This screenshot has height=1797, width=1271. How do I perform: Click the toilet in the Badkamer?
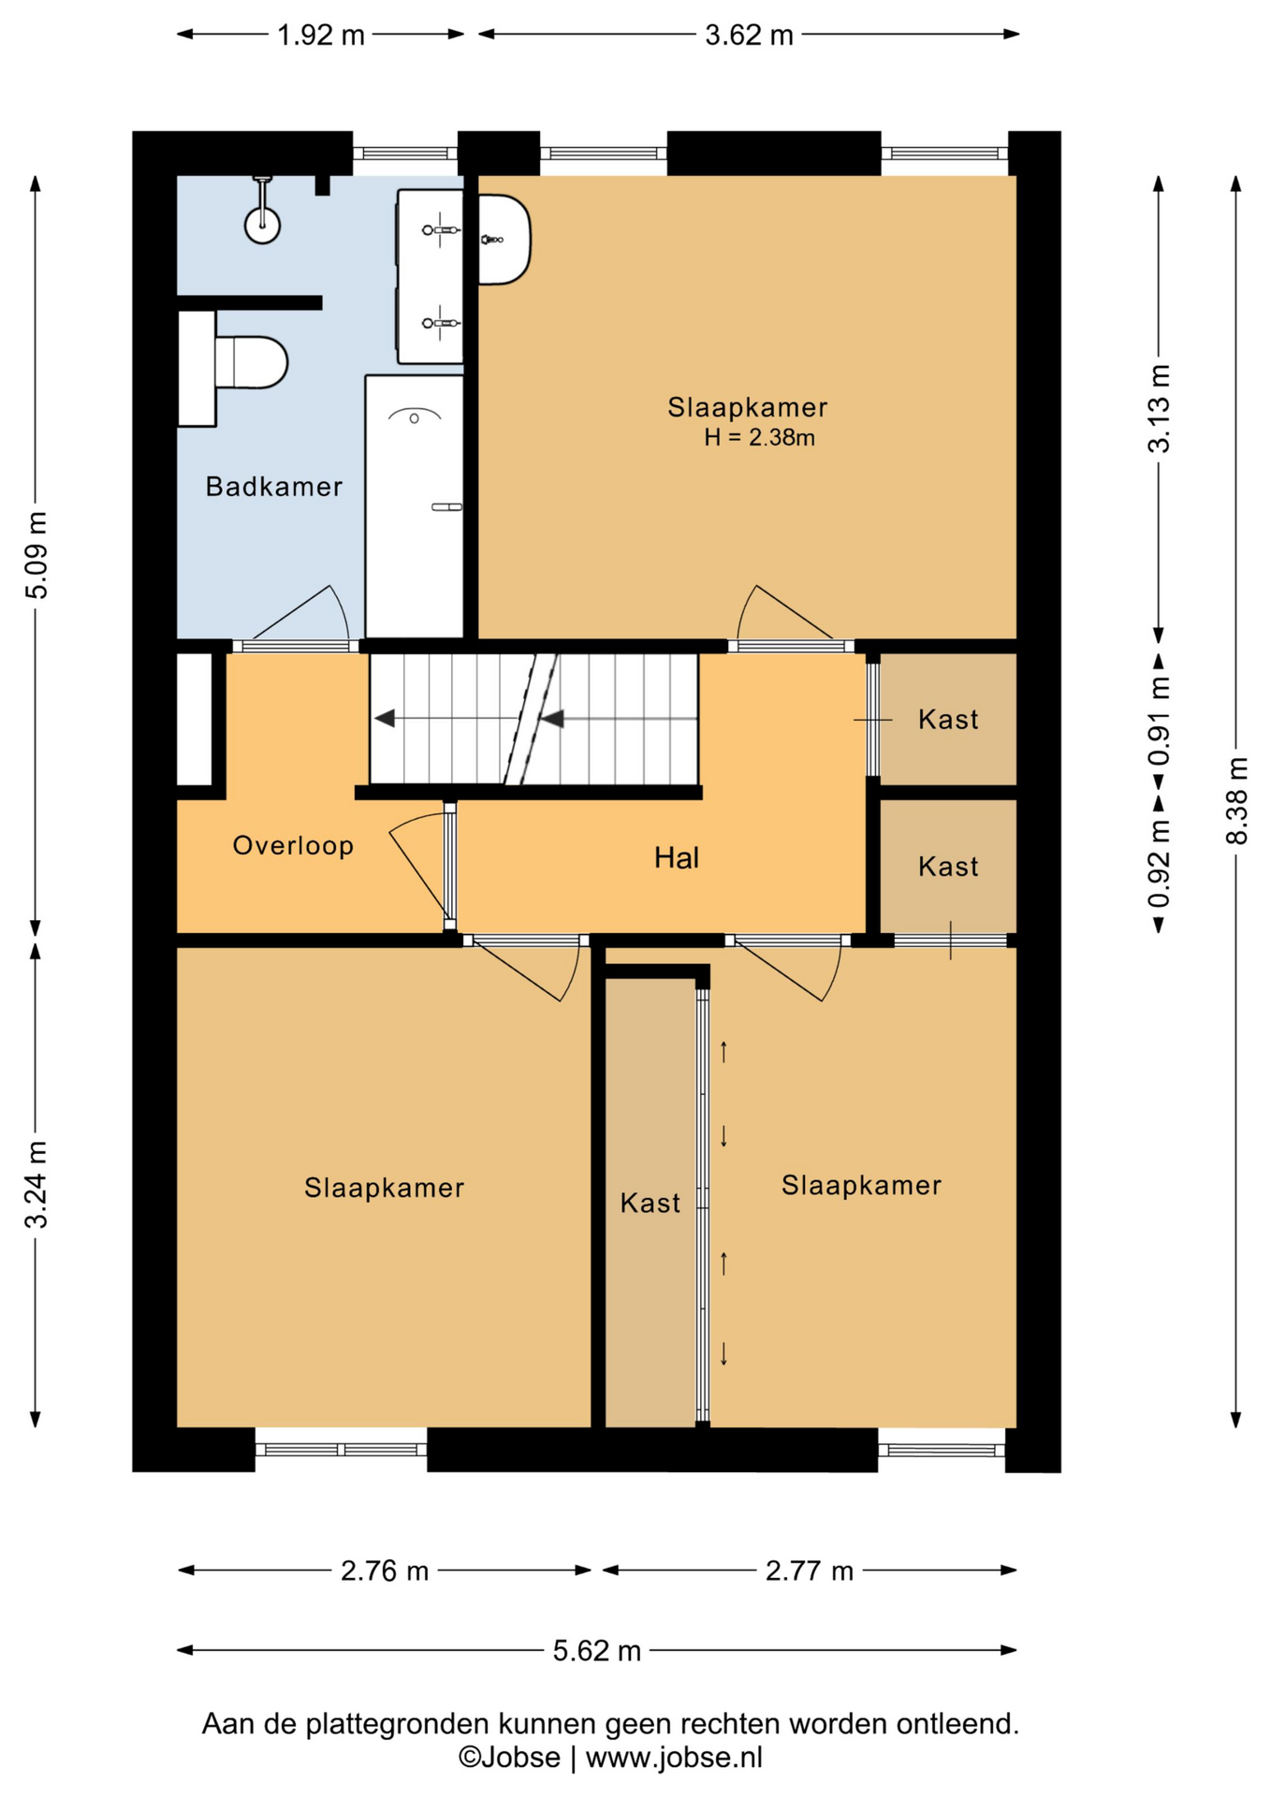251,363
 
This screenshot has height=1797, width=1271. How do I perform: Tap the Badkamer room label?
274,487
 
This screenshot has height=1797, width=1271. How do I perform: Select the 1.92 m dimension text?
321,36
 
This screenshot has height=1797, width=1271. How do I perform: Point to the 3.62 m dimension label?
749,36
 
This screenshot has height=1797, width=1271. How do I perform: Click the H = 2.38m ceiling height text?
759,437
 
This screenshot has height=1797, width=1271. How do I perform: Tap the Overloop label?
293,846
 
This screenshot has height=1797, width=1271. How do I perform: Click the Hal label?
676,857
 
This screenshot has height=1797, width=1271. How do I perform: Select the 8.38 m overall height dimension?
1237,801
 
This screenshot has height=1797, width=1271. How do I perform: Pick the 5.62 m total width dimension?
597,1650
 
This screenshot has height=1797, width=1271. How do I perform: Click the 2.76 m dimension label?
385,1571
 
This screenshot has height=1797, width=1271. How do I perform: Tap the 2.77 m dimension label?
810,1571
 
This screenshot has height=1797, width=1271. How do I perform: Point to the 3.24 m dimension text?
37,1184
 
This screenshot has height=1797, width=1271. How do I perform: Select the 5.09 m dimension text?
37,556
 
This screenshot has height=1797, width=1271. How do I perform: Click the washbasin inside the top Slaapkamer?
504,240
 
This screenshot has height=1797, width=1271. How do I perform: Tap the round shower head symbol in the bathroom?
263,225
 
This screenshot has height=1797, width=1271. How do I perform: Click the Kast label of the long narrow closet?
650,1203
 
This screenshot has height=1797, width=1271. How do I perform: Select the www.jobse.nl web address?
674,1758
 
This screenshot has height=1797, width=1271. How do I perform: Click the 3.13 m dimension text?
1160,409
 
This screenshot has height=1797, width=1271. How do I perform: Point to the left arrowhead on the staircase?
385,719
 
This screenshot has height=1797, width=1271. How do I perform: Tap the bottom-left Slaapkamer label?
384,1188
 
